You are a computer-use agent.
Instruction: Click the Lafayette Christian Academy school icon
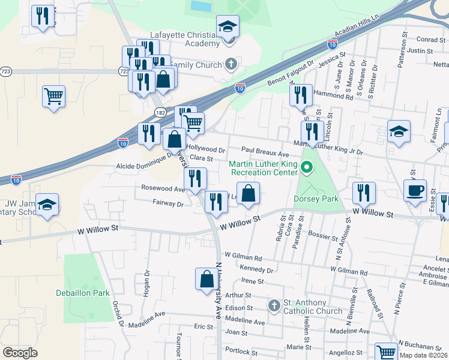click(x=228, y=27)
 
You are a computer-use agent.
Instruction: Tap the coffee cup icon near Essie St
click(x=415, y=191)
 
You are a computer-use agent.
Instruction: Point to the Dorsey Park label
click(x=316, y=199)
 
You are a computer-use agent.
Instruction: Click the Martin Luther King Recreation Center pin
click(x=307, y=167)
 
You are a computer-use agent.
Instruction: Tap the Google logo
click(x=20, y=353)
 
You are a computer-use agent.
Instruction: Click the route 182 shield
click(x=160, y=112)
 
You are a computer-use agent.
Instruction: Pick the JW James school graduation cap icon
click(x=47, y=204)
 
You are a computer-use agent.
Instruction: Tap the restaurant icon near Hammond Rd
click(x=300, y=95)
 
